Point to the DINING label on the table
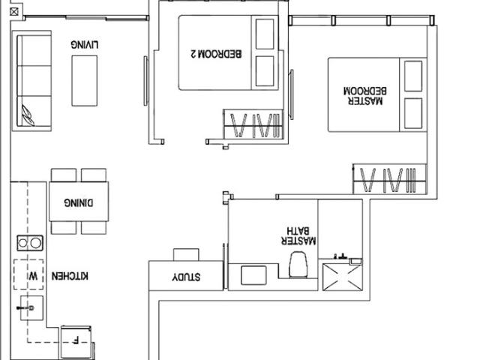(x=79, y=202)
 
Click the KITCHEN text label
(x=70, y=276)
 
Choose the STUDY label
(x=186, y=277)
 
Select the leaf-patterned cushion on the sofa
(x=30, y=114)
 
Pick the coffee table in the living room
(x=85, y=80)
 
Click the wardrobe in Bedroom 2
(x=253, y=125)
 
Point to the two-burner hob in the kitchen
(x=30, y=242)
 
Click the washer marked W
(x=32, y=275)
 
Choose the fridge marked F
(x=76, y=340)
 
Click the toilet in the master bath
(x=298, y=265)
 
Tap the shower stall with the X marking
(x=341, y=276)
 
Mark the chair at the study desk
(x=185, y=254)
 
